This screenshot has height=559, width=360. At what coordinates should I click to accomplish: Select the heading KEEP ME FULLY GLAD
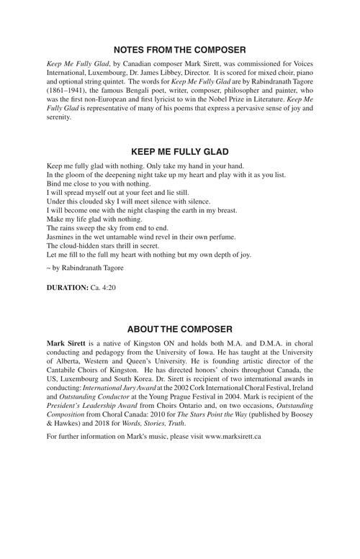(180, 152)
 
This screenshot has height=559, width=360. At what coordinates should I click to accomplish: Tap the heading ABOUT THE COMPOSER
(180, 329)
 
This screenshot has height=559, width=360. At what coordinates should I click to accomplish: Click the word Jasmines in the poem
(61, 237)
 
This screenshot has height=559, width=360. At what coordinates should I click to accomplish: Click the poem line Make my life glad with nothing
(94, 218)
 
